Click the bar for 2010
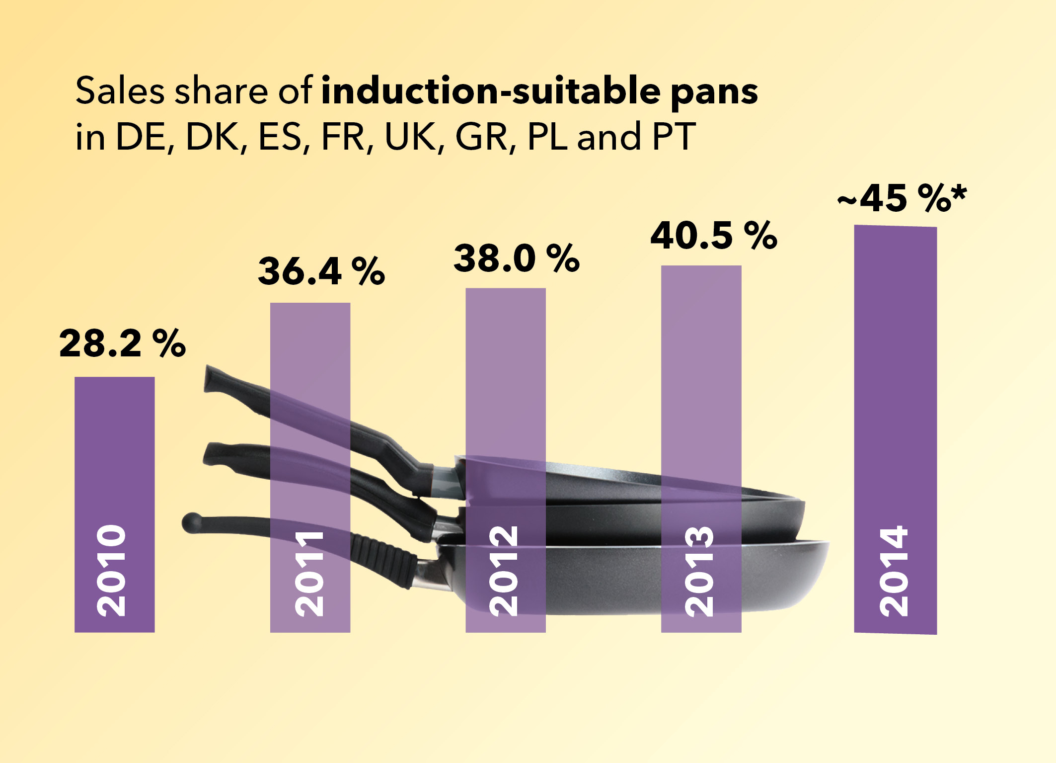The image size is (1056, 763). pos(114,447)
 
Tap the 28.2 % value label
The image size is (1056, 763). pos(122,343)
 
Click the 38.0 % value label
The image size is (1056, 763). pos(517,258)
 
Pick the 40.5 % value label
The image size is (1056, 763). pos(713,236)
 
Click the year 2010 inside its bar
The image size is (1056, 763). pos(111,571)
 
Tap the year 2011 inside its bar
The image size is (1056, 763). pos(309,574)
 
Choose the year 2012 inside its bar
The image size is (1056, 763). pos(504,571)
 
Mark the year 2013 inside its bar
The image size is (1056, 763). pos(699,571)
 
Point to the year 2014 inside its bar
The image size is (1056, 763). pos(894,571)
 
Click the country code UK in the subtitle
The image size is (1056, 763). pos(410,136)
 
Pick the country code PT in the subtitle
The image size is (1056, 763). pos(674,136)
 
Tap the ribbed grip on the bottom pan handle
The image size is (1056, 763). pos(382,557)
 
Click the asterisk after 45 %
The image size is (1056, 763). pos(959,192)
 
